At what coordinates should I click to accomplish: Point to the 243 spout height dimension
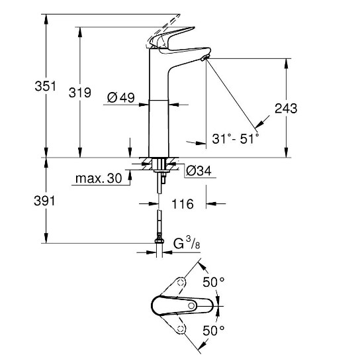point(286,108)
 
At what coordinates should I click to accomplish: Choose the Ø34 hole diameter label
point(199,171)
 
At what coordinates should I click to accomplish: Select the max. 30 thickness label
point(99,178)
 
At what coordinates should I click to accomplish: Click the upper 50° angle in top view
point(214,282)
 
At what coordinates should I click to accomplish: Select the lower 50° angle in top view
point(214,329)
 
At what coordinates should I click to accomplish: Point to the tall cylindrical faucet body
point(159,113)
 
